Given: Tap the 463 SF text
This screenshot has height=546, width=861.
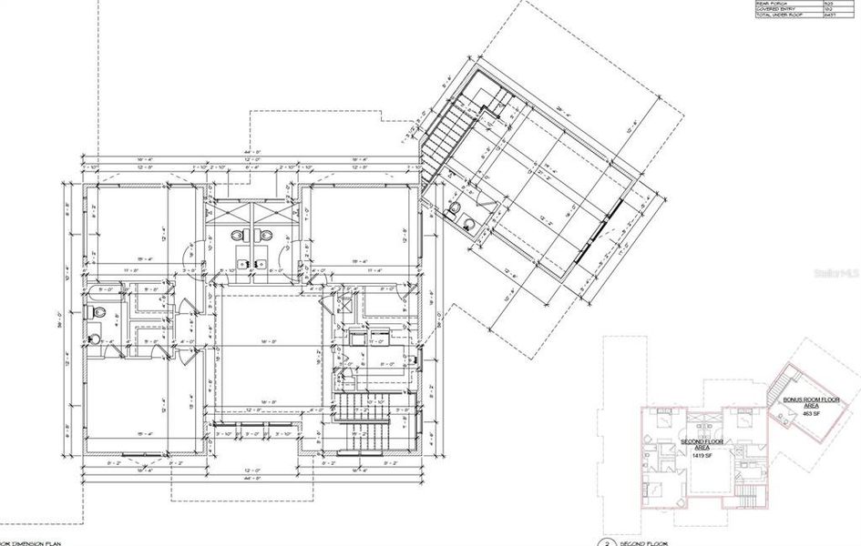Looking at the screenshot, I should pos(811,413).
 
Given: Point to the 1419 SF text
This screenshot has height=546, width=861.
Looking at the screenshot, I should pos(702,455).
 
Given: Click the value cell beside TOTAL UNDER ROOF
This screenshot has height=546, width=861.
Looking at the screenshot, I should pos(828,17).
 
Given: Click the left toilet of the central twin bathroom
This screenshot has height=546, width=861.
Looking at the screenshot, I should pos(238,236).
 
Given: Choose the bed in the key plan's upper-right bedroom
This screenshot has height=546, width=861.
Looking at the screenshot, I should pos(741,420).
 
